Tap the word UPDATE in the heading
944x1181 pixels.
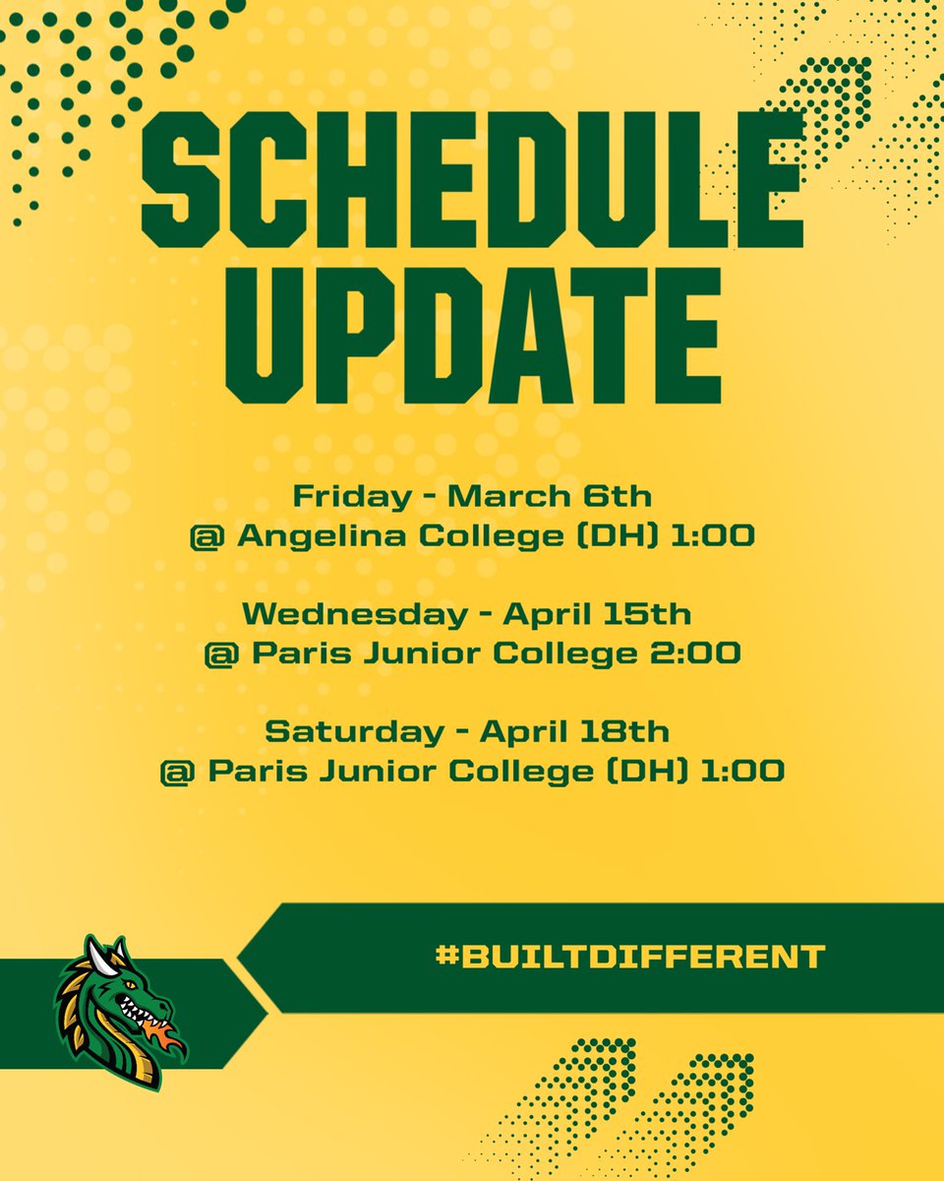[x=472, y=335]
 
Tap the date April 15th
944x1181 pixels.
[x=598, y=614]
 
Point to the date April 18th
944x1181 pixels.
[x=574, y=731]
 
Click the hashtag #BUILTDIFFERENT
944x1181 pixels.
[x=629, y=956]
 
